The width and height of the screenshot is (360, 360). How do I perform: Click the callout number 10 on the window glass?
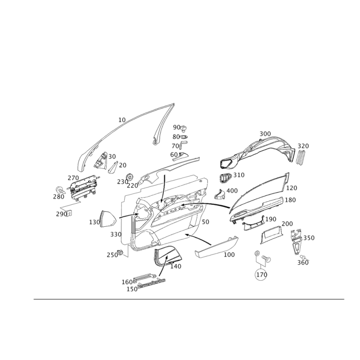121,120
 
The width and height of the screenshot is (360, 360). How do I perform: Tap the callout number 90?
176,127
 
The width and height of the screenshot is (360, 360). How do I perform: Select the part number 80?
175,137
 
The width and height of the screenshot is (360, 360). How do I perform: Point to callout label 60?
174,154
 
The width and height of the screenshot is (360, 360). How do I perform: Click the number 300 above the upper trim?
265,134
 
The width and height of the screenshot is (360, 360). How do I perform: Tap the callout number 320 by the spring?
304,146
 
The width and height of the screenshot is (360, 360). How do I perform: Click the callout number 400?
231,191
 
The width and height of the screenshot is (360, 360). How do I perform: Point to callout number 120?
292,188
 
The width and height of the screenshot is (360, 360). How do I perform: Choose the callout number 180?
290,199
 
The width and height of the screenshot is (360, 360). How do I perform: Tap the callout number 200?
287,224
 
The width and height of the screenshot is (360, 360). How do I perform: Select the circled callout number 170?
261,273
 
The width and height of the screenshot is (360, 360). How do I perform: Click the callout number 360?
303,262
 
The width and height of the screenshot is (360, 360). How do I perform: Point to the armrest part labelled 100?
216,250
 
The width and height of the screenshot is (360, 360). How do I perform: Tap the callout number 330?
115,234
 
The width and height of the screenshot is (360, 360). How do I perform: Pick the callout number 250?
112,255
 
